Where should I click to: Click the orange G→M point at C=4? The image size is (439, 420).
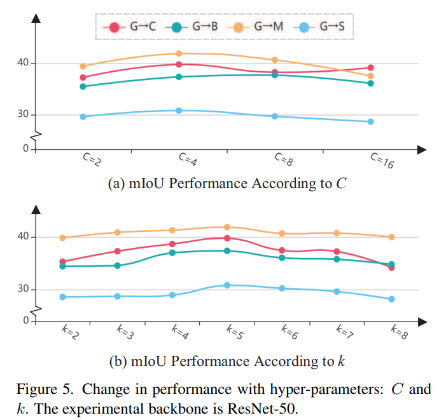tap(179, 53)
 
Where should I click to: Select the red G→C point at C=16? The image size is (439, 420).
tap(370, 68)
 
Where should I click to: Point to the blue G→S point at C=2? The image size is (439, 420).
tap(83, 117)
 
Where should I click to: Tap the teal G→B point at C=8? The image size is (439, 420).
tap(275, 75)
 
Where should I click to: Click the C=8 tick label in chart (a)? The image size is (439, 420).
tap(283, 159)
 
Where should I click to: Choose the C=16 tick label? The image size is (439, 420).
tap(382, 161)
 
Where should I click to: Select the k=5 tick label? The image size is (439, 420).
tap(235, 332)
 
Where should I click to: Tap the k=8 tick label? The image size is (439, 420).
tap(399, 332)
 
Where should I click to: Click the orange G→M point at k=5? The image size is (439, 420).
tap(227, 227)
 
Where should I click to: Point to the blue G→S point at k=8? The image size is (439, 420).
tap(391, 299)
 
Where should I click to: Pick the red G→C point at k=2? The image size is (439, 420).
tap(62, 262)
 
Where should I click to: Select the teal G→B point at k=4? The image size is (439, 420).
tap(172, 253)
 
